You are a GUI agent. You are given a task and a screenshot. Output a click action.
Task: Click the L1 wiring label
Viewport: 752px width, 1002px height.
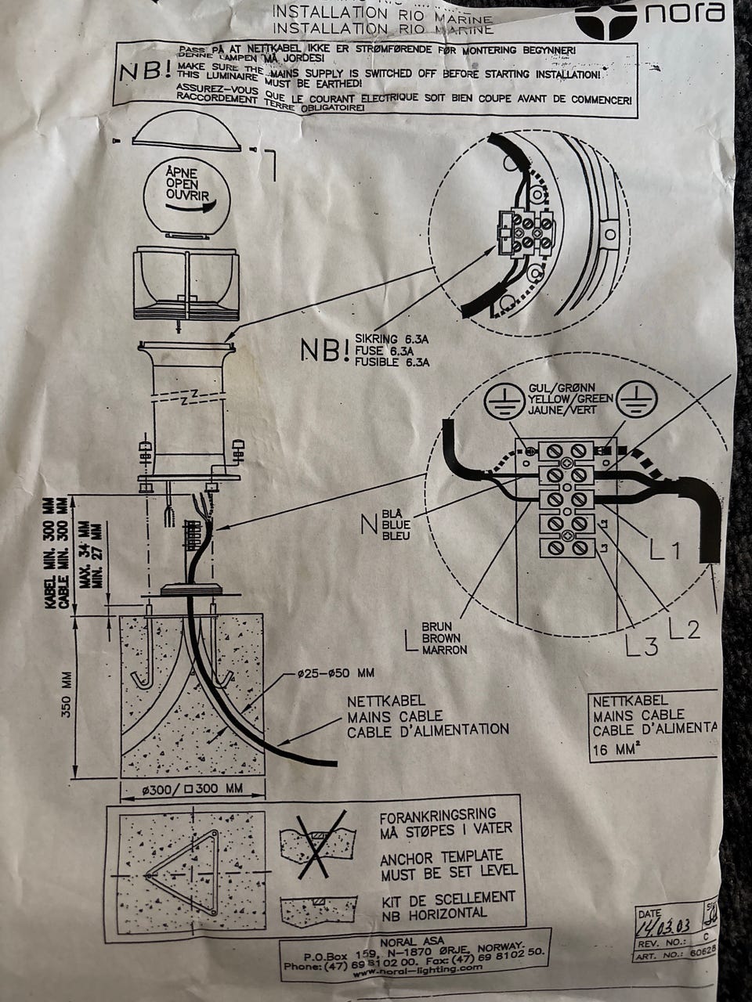click(666, 551)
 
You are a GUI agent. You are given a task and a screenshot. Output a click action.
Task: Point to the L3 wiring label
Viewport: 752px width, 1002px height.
click(642, 643)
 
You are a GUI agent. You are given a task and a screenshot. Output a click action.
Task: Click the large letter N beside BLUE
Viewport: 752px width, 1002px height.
click(368, 523)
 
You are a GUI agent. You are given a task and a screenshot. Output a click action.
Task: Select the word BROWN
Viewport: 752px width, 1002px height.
click(443, 638)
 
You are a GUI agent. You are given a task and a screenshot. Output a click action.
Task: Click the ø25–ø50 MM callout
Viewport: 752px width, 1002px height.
click(335, 672)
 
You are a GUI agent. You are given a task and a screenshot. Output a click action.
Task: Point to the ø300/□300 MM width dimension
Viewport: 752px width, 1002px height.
click(192, 788)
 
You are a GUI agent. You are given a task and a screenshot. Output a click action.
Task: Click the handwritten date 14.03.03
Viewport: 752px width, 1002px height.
click(664, 927)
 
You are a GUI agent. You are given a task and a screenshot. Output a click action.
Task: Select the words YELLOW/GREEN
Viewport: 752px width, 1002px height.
click(571, 398)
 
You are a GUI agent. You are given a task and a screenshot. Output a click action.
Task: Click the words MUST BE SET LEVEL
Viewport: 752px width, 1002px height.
click(448, 870)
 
